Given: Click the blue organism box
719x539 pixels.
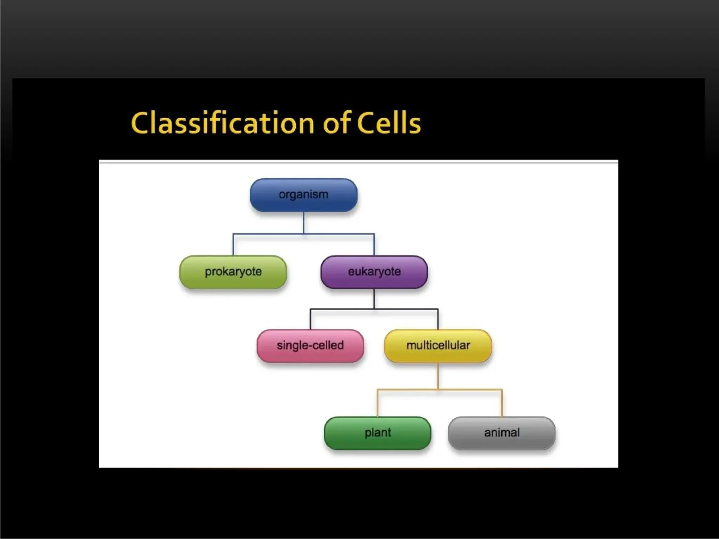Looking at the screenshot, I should coord(303,195).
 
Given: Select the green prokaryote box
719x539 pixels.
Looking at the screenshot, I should coord(233,272).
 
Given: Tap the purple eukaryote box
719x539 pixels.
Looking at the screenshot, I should coord(374,272).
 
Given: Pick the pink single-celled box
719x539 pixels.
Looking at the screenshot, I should coord(310,346).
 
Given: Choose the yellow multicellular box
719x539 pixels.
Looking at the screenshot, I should coord(438,346).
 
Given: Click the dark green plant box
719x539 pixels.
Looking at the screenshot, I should coord(377,433).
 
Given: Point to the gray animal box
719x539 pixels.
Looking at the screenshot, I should coord(502,433).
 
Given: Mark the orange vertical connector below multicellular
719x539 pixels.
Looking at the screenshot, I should coord(438,375).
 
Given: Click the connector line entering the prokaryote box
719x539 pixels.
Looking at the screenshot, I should coord(233,245).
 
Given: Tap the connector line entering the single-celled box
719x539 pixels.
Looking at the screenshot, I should coord(310,319).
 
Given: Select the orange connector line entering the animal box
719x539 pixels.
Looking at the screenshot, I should coord(502,404).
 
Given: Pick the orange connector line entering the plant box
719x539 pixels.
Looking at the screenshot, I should coord(377,404).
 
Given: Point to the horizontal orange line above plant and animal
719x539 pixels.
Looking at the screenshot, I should coord(470,389).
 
